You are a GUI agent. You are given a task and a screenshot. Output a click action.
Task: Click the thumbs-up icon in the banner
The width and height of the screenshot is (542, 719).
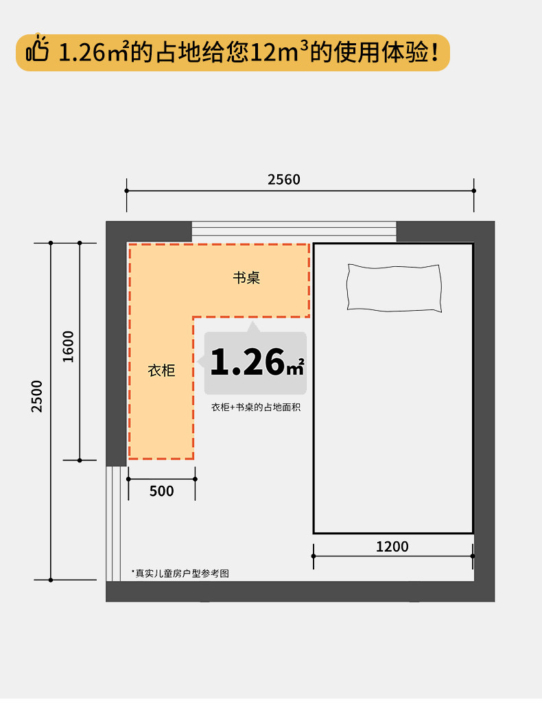pyautogui.click(x=37, y=48)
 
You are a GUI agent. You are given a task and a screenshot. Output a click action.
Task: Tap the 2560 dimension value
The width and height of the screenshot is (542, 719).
pyautogui.click(x=284, y=179)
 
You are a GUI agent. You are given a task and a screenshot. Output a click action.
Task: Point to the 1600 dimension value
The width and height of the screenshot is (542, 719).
pyautogui.click(x=68, y=346)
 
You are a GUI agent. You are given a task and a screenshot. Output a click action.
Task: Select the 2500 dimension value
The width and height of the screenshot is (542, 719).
pyautogui.click(x=36, y=396)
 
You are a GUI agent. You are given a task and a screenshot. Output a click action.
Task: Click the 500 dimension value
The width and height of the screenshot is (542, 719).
pyautogui.click(x=161, y=491)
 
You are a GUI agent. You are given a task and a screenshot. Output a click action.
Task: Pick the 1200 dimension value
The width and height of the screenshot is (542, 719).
pyautogui.click(x=392, y=547)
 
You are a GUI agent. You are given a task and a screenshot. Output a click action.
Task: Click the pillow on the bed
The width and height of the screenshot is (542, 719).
pyautogui.click(x=394, y=288)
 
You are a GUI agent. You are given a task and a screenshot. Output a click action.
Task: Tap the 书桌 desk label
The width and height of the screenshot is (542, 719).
pyautogui.click(x=246, y=277)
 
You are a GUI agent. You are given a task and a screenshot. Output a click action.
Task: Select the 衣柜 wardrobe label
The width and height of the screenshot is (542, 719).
pyautogui.click(x=161, y=370)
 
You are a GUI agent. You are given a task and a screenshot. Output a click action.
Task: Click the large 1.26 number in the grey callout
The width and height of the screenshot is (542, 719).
pyautogui.click(x=248, y=362)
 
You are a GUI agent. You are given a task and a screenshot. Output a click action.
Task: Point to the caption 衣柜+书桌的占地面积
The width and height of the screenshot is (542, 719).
pyautogui.click(x=256, y=408)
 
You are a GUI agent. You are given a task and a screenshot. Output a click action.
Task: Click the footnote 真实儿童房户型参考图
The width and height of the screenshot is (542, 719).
pyautogui.click(x=180, y=573)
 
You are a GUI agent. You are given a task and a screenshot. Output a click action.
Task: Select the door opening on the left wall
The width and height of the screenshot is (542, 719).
pyautogui.click(x=113, y=523)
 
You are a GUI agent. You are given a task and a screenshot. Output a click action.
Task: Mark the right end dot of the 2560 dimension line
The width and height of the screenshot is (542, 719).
pyautogui.click(x=473, y=191)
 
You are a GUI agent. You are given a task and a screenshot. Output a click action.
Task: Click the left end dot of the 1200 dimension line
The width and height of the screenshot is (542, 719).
pyautogui.click(x=314, y=556)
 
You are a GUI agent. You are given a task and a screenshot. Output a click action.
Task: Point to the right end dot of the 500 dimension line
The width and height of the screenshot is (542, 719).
pyautogui.click(x=195, y=479)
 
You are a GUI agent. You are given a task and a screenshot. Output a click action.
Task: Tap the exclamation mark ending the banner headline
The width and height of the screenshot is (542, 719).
pyautogui.click(x=434, y=52)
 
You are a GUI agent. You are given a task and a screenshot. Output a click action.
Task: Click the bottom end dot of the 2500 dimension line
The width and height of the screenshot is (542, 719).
pyautogui.click(x=51, y=580)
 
